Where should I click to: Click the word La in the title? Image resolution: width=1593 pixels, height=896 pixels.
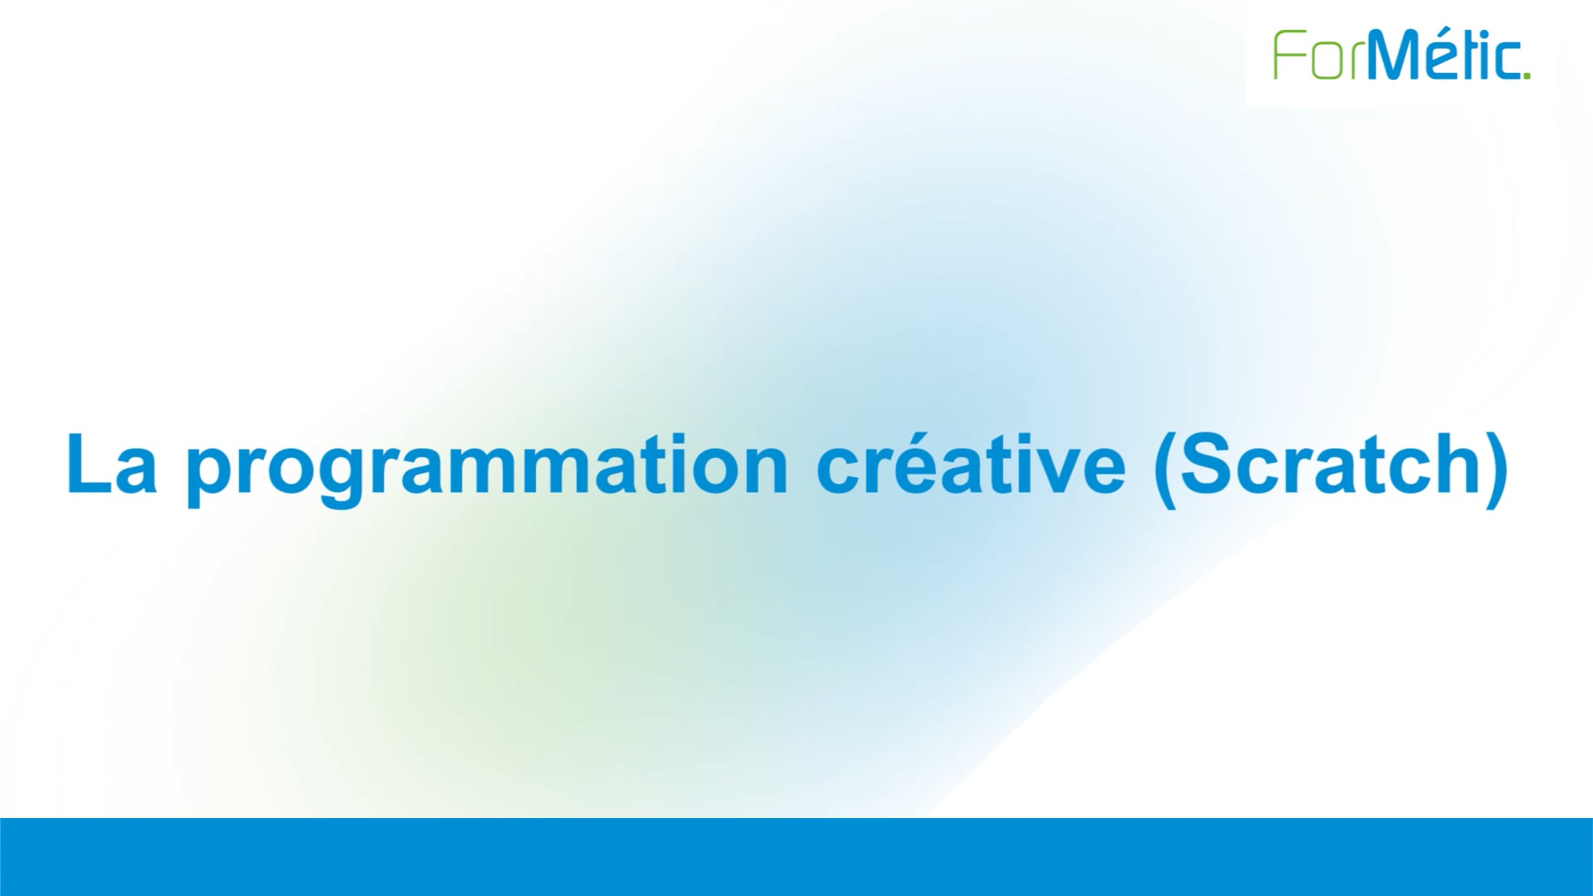point(111,464)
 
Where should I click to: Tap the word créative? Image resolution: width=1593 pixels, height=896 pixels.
point(971,464)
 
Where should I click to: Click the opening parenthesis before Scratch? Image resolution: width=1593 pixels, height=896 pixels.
point(1164,466)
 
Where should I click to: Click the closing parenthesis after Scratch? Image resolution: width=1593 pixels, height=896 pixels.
point(1498,466)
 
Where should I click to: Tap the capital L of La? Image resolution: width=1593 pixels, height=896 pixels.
point(85,464)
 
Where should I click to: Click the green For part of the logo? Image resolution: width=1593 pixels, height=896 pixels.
point(1318,56)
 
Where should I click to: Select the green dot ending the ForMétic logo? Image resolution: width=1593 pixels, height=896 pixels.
point(1527,75)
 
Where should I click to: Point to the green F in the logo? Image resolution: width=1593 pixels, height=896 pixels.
point(1287,56)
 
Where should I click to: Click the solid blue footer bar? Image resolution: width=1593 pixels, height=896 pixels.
point(796,856)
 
